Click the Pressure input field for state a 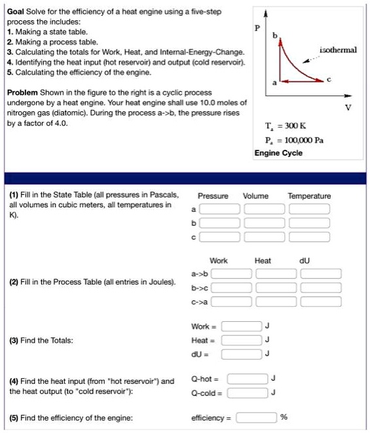point(219,209)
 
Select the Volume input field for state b point(265,222)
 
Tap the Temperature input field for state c point(310,236)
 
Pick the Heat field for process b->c point(275,287)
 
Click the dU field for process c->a point(321,302)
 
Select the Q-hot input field point(248,378)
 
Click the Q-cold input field point(248,392)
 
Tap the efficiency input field point(255,417)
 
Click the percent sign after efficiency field point(284,417)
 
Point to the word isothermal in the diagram point(338,50)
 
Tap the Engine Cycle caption point(278,152)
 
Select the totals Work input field point(241,326)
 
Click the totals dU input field point(241,354)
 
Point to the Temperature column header point(309,196)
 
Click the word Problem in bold point(22,94)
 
